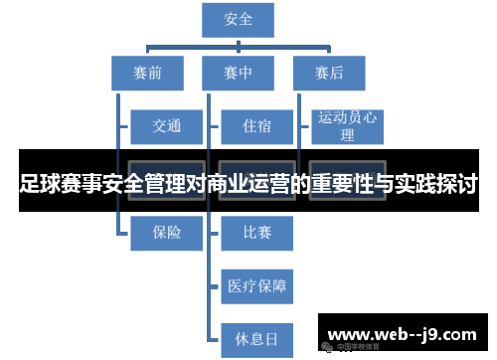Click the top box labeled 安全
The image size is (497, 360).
(238, 20)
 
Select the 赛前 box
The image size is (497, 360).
(146, 73)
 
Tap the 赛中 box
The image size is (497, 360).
(238, 73)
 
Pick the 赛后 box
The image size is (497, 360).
(329, 73)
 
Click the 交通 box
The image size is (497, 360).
(167, 126)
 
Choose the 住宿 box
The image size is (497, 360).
(257, 126)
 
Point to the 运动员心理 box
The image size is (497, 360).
(347, 126)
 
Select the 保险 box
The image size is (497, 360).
(167, 233)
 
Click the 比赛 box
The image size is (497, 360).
(257, 233)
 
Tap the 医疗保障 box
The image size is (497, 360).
(257, 286)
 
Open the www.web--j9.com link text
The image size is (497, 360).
(402, 334)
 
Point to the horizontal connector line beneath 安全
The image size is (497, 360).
(238, 44)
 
